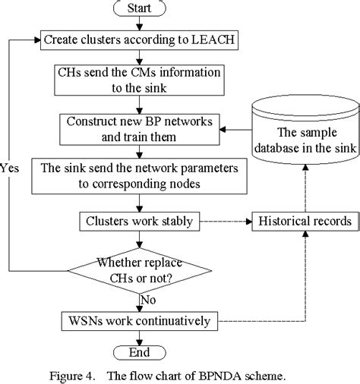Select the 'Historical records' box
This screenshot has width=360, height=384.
pos(305,222)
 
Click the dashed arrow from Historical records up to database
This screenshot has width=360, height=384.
pos(304,197)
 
